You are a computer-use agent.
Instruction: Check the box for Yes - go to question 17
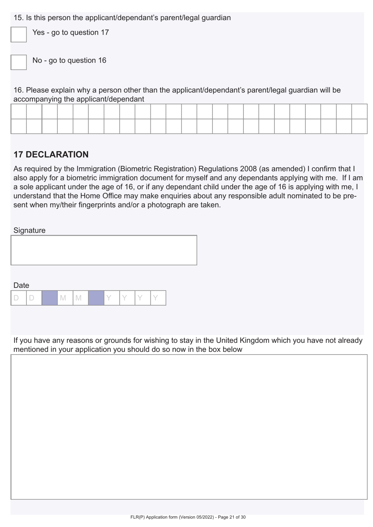tap(18, 35)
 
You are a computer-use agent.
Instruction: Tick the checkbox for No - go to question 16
tap(18, 62)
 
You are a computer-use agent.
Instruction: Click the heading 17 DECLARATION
tap(51, 154)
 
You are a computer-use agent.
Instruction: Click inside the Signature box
tap(104, 250)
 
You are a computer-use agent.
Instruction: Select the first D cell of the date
tap(18, 298)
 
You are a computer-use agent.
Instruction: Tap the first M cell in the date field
tap(65, 298)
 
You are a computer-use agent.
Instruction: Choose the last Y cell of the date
tap(158, 298)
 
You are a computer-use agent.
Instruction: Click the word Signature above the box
tap(29, 231)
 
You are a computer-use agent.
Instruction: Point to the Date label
tap(21, 285)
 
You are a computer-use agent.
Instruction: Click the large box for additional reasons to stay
tap(189, 427)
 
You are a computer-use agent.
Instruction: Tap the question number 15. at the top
tap(18, 18)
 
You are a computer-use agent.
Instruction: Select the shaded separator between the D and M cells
tap(49, 298)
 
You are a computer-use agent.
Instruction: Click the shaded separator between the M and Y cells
tap(96, 298)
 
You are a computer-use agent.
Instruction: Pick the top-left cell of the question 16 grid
tap(18, 112)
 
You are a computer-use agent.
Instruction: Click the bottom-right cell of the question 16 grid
tap(359, 126)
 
